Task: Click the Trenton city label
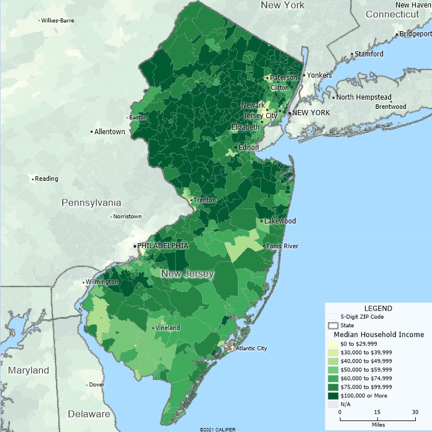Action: (x=204, y=200)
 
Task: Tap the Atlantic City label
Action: (x=252, y=348)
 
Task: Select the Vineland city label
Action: (x=167, y=328)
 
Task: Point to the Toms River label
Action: (x=283, y=247)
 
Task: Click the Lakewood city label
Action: (x=281, y=221)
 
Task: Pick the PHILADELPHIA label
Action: (x=163, y=245)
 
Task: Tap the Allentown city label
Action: (x=110, y=132)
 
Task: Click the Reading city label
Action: (x=47, y=179)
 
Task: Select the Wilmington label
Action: (x=102, y=282)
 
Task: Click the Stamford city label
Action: (x=369, y=54)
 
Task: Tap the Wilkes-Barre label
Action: (x=58, y=21)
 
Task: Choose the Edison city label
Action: (x=249, y=147)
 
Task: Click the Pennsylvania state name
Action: (x=92, y=203)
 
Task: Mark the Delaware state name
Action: (x=89, y=414)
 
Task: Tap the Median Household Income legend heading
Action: (x=379, y=334)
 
